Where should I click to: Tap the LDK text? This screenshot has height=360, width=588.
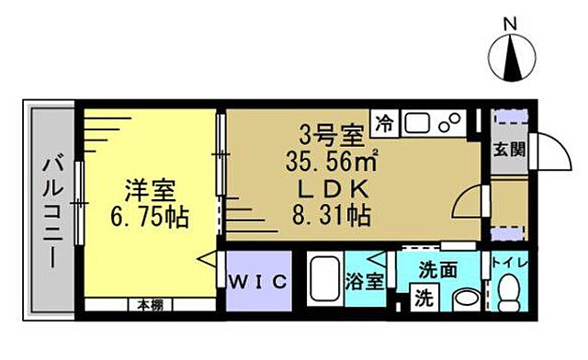pyautogui.click(x=334, y=192)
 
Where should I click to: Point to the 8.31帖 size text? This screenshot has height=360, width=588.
pyautogui.click(x=334, y=218)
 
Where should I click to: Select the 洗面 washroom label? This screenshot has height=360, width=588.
pyautogui.click(x=438, y=272)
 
